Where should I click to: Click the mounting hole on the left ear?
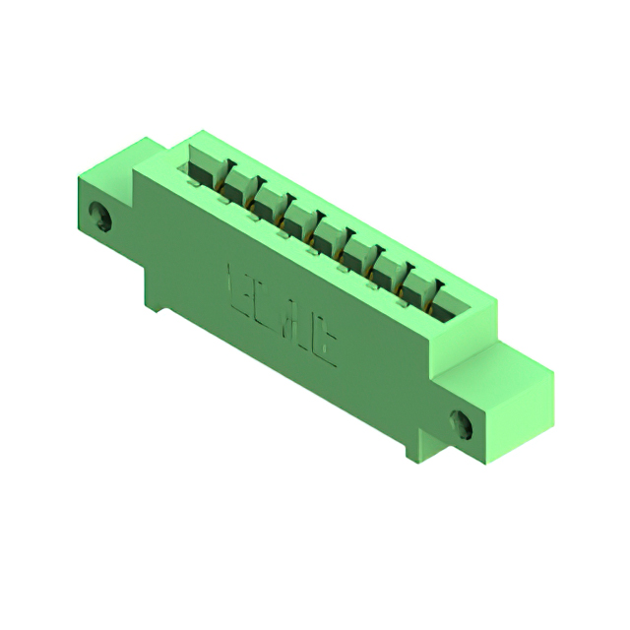point(98,216)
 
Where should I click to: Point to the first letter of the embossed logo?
point(239,285)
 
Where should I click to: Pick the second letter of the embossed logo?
point(264,301)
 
